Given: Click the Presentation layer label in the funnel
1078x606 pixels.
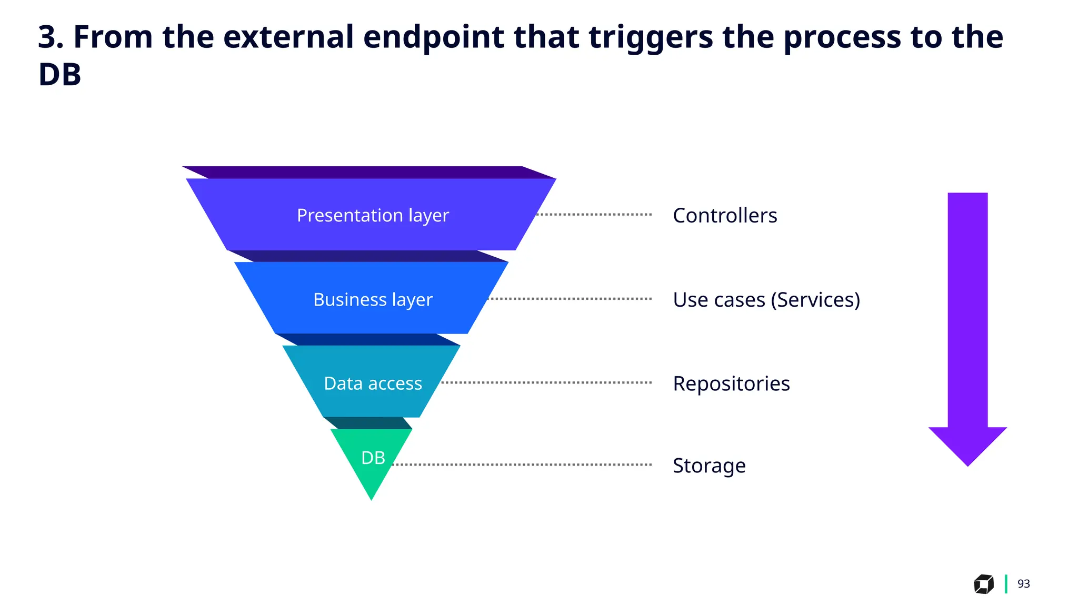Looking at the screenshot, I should pos(373,216).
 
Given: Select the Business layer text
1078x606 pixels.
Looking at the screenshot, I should pos(373,300).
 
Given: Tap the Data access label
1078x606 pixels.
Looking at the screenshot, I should pos(373,383).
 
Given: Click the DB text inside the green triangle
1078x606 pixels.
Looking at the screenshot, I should pos(373,458).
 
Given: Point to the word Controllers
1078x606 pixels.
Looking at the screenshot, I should pos(724,216).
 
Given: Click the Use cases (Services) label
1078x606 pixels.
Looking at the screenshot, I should pos(766,300).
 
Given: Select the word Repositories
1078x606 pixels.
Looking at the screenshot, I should pos(731,383).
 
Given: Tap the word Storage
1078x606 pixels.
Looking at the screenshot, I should pos(708,466).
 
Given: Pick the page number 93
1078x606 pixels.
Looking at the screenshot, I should pos(1023,584).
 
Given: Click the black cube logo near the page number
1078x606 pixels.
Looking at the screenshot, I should pos(983,584).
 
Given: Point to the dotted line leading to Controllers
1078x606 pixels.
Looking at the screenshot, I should pos(594,215).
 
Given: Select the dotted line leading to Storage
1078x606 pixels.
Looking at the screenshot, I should pos(521,465).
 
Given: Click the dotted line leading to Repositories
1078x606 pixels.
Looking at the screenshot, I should pos(546,383).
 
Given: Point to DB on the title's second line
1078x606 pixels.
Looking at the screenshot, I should pos(59,75).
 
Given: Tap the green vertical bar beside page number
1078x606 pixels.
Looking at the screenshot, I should pos(1006,584).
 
